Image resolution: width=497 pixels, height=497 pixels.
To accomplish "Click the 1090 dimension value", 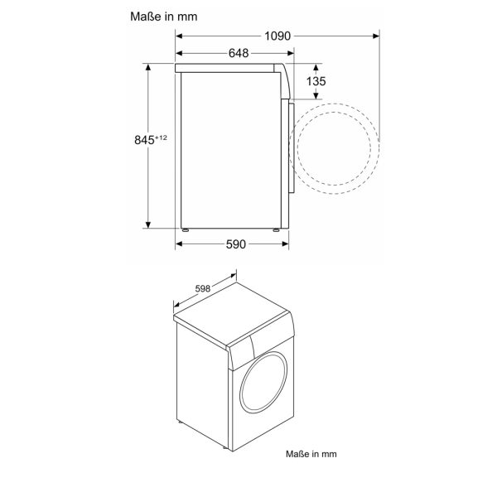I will coord(277,36).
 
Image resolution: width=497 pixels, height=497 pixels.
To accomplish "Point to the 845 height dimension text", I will coord(143,141).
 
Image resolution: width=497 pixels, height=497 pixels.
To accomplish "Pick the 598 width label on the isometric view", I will coord(201,289).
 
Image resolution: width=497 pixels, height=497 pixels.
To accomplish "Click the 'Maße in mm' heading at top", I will coord(164,16).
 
